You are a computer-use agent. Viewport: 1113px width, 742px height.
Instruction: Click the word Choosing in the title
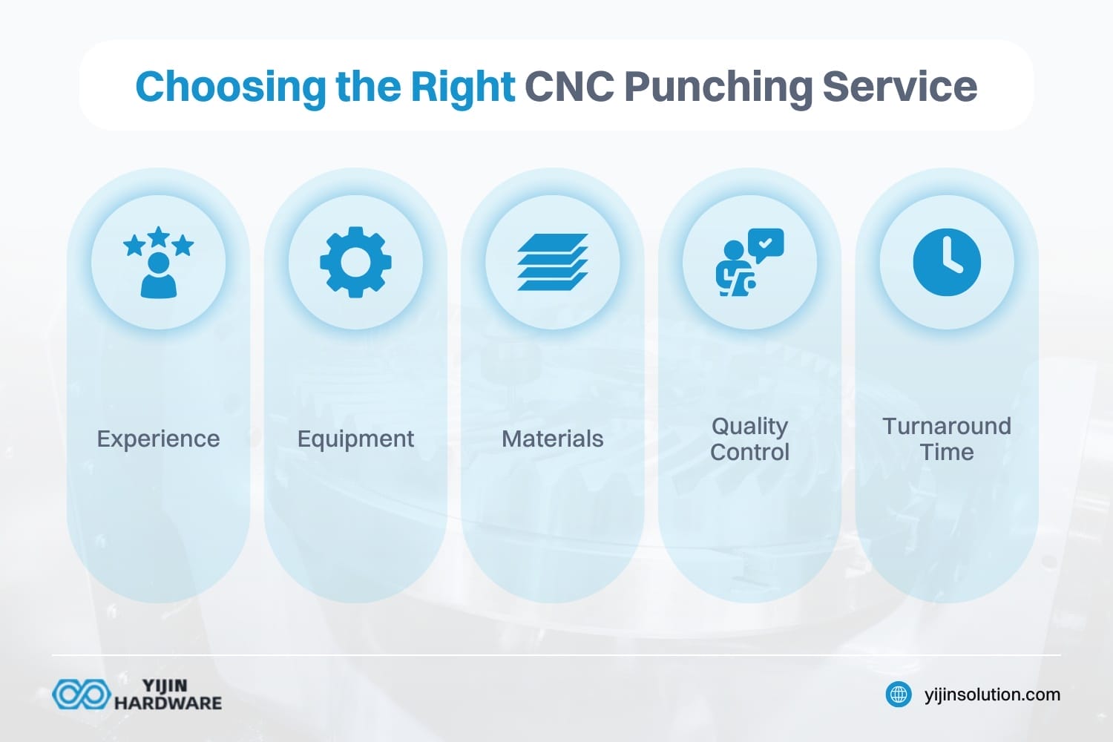point(230,87)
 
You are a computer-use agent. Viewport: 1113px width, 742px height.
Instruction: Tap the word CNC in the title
point(569,86)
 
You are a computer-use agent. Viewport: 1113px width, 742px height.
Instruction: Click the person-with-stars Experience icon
point(158,263)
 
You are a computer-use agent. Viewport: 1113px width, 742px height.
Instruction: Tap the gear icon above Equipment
point(355,263)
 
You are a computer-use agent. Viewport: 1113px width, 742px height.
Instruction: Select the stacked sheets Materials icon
point(553,263)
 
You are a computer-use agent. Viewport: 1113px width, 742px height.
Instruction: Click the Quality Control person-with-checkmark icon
point(749,263)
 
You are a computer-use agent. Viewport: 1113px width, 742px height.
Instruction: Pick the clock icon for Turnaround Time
point(947,263)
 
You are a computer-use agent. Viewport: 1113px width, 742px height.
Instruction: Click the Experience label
point(158,439)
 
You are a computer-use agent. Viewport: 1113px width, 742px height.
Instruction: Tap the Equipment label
point(355,439)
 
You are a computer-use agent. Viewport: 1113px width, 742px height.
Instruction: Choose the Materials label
point(553,439)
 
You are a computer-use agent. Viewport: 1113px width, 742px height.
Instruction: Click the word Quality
point(749,426)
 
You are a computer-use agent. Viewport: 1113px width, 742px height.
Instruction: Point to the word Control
point(749,452)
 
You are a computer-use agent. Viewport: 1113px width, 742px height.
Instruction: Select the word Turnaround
point(947,426)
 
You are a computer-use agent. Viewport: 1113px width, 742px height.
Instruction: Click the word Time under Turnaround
point(947,452)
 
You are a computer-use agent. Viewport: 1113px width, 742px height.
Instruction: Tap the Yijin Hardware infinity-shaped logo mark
point(80,695)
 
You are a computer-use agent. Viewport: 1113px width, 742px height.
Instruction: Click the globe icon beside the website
point(899,695)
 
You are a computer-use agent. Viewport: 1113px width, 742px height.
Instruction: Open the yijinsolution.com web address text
point(992,695)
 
